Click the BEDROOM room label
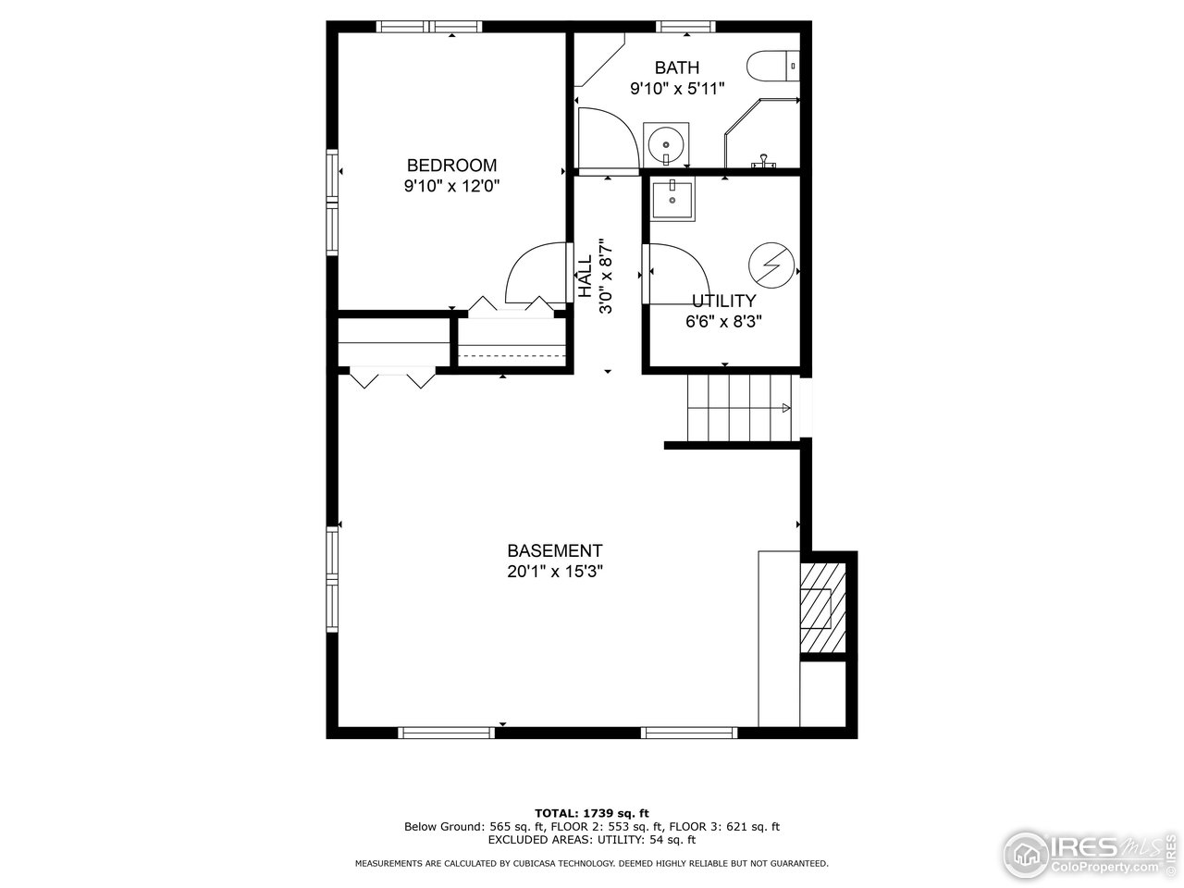[451, 166]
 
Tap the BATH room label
[676, 68]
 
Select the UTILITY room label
[723, 301]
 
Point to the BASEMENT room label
[554, 550]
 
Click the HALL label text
[586, 277]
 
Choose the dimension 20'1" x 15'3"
[554, 572]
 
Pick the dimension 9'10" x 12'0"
[451, 186]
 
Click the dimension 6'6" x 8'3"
[723, 322]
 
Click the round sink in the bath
[666, 145]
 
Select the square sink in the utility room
[672, 199]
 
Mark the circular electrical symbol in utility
[771, 265]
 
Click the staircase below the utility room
[738, 408]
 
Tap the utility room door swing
[680, 270]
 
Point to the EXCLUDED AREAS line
[591, 840]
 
